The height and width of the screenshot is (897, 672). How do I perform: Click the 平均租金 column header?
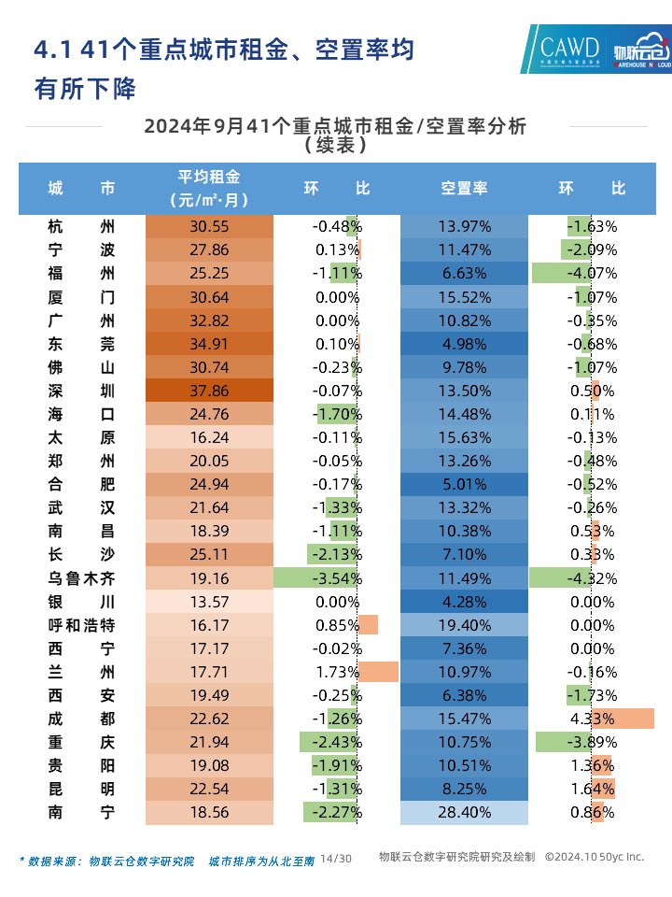tap(209, 188)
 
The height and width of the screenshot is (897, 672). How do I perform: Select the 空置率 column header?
tap(464, 188)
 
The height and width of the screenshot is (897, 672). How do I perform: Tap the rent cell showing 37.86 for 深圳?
tap(209, 391)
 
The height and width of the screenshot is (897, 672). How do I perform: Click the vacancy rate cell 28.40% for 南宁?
tap(464, 812)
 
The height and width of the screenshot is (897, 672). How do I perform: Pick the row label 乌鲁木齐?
tap(82, 577)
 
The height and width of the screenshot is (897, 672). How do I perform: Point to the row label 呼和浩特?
tap(82, 625)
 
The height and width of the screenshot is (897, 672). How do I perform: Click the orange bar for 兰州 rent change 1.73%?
tap(379, 672)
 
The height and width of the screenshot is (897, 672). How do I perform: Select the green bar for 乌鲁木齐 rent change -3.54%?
tap(315, 577)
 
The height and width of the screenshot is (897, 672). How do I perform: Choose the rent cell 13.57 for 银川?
tap(209, 602)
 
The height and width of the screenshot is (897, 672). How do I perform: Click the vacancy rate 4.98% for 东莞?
tap(464, 344)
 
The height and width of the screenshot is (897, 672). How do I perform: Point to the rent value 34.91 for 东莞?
tap(209, 344)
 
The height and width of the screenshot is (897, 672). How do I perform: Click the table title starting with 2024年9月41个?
tap(335, 127)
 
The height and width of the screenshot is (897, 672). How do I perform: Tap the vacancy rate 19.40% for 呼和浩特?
tap(464, 625)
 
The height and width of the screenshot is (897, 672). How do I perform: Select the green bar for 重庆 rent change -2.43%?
tap(329, 742)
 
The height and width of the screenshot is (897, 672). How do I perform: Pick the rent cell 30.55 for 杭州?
tap(209, 226)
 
